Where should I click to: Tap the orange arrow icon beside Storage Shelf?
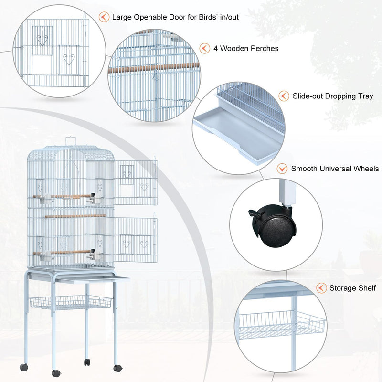pyautogui.click(x=321, y=288)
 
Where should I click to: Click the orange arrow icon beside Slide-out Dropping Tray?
pyautogui.click(x=284, y=96)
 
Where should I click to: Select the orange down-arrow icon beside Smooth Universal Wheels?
pyautogui.click(x=282, y=169)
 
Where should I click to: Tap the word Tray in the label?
pyautogui.click(x=365, y=96)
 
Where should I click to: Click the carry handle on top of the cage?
pyautogui.click(x=71, y=140)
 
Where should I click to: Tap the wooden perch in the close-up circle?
pyautogui.click(x=153, y=67)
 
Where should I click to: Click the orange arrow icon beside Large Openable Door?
pyautogui.click(x=104, y=17)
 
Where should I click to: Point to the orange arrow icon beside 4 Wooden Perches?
pyautogui.click(x=205, y=49)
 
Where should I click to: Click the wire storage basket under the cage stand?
pyautogui.click(x=70, y=302)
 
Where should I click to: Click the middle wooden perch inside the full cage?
pyautogui.click(x=76, y=216)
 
